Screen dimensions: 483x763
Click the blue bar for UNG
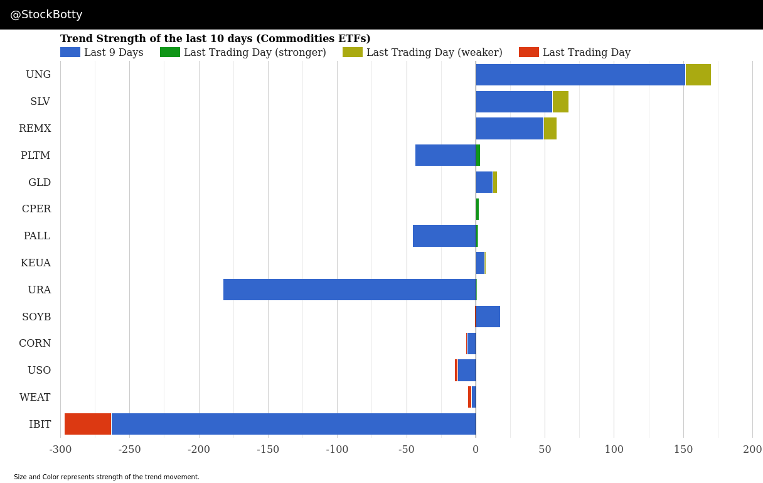coord(580,75)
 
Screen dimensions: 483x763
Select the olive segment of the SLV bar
coord(560,102)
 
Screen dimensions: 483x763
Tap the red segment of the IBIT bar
coord(88,424)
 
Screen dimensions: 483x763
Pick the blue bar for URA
coord(349,290)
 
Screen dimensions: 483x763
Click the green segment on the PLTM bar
coord(478,155)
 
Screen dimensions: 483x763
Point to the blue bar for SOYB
coord(488,317)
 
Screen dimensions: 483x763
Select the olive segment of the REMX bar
coord(550,128)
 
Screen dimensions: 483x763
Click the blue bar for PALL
coord(444,236)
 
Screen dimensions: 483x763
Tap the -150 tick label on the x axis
coord(268,450)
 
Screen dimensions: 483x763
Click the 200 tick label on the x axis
coord(752,450)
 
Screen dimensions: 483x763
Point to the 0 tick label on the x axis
coord(476,450)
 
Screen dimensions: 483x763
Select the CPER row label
coord(36,209)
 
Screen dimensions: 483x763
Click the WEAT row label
coord(35,398)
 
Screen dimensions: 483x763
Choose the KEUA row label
coord(36,263)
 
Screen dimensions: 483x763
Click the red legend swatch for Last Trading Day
coord(528,52)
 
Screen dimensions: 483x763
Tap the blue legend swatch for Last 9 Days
coord(70,52)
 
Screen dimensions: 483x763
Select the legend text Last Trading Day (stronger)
coord(255,53)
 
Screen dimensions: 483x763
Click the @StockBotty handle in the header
coord(46,14)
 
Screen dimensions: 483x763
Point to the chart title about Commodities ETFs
coord(215,39)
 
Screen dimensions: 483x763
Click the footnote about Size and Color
coord(107,477)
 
